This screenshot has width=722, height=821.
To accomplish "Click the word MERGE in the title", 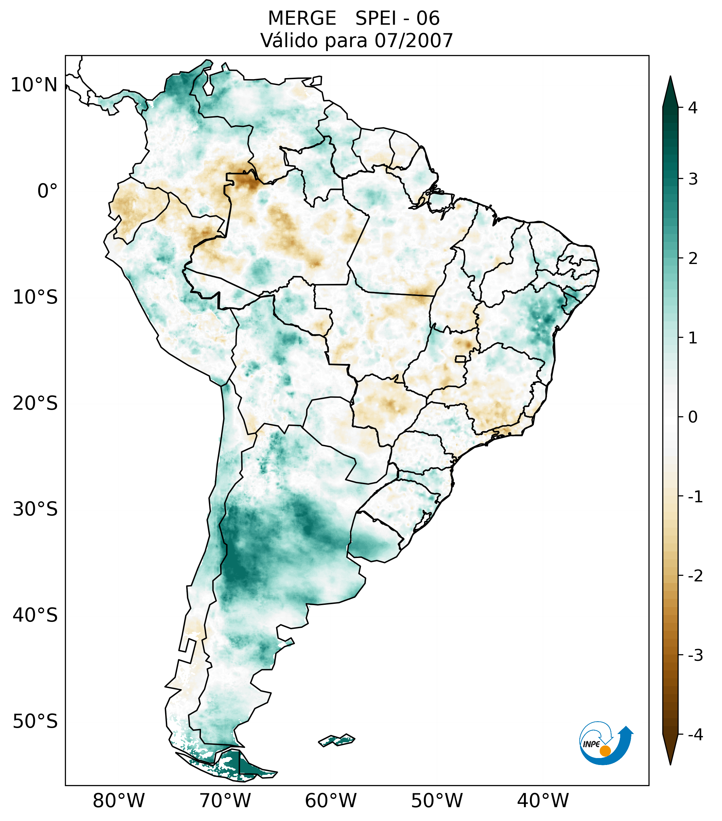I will click(x=302, y=18).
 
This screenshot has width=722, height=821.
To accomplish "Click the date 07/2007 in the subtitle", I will click(x=414, y=41).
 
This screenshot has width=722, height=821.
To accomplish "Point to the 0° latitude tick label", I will click(x=47, y=191).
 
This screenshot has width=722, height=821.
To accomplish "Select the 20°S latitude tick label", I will click(x=35, y=403).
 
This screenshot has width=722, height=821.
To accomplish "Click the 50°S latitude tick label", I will click(x=35, y=722).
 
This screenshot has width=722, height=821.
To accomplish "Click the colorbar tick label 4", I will click(x=693, y=108).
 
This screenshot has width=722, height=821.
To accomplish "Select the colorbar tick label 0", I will click(x=693, y=417).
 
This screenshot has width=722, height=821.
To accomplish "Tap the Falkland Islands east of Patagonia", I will click(x=336, y=740).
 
